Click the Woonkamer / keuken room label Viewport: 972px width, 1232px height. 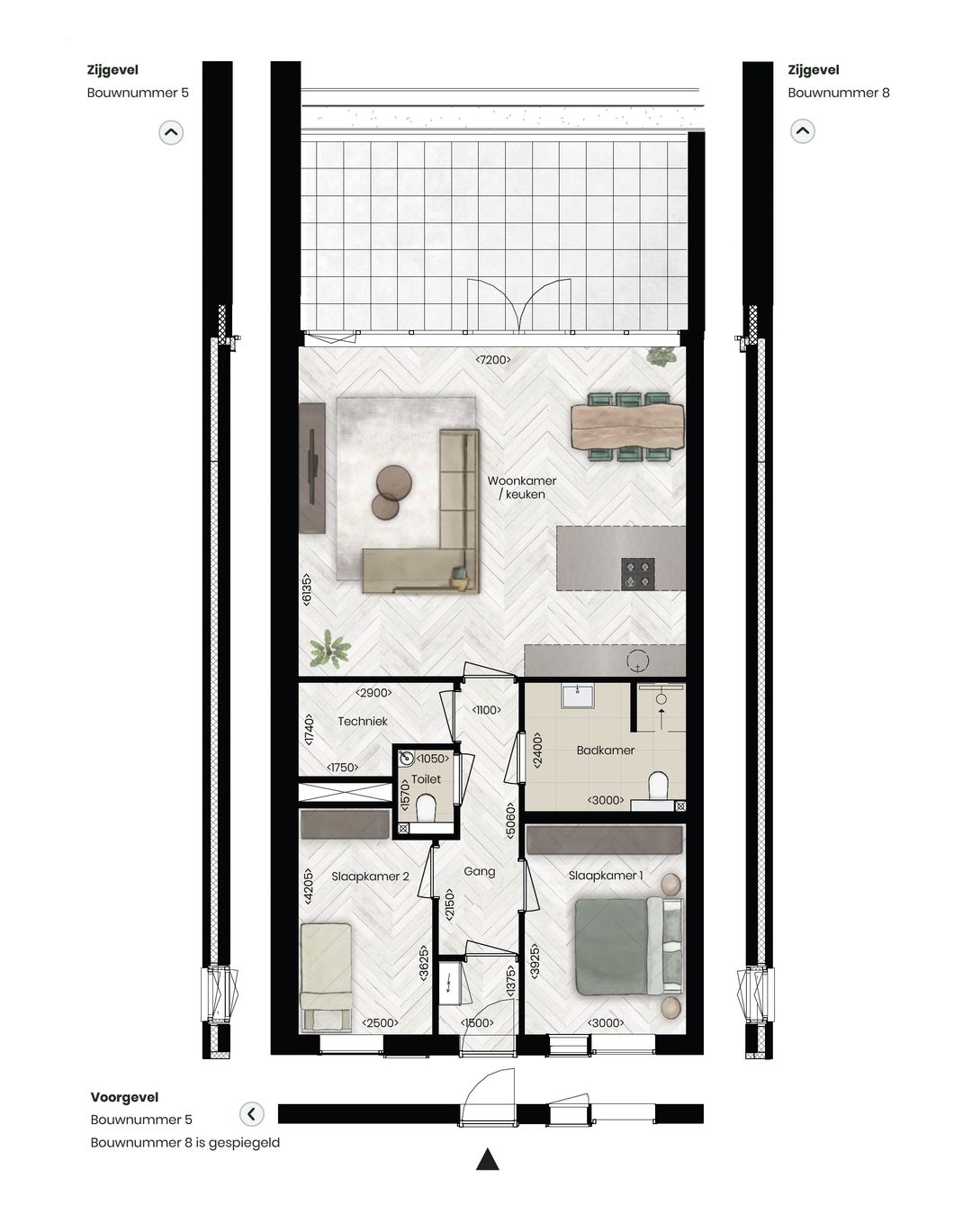522,487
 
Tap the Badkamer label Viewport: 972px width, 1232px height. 606,750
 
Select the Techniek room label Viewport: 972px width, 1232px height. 363,721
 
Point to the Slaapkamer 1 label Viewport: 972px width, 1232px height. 606,875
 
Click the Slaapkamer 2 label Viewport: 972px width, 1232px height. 370,876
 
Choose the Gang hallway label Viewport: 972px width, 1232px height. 480,871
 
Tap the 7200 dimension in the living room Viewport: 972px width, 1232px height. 493,360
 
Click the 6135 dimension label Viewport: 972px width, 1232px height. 307,589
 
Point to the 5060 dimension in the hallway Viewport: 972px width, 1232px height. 510,820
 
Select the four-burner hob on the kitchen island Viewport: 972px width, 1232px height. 638,573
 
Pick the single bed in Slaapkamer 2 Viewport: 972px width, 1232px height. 326,975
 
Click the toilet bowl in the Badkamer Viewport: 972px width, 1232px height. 659,786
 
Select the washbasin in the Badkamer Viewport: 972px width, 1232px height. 577,696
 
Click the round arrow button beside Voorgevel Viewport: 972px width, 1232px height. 252,1114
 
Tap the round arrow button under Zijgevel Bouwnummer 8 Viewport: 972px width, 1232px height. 802,131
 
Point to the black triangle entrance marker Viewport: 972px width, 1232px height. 487,1159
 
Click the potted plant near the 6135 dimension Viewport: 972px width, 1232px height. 329,648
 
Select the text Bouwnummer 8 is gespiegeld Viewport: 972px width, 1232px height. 184,1143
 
